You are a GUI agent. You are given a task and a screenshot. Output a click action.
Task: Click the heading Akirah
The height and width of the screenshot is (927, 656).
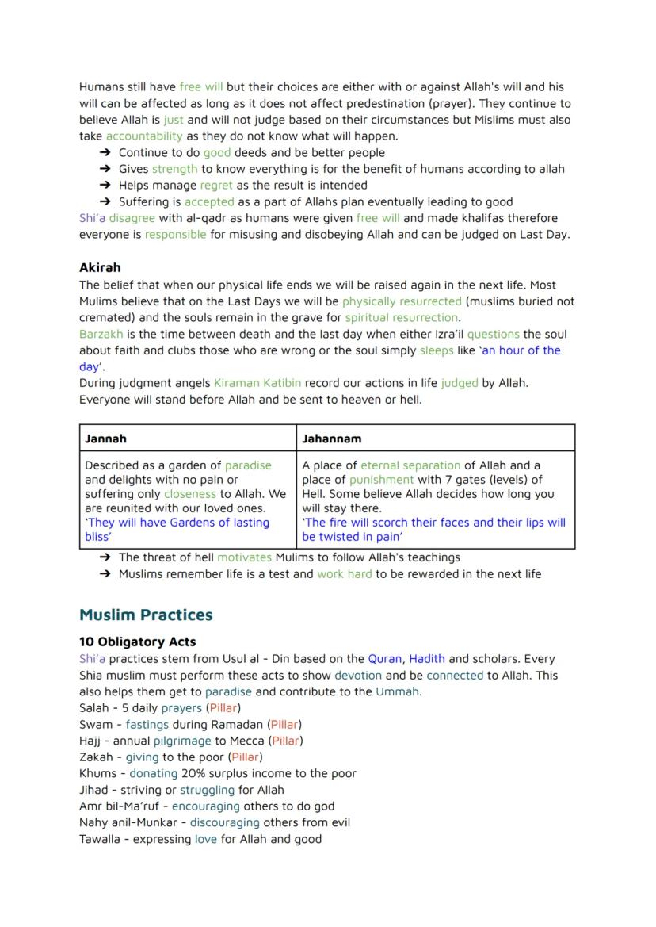pyautogui.click(x=100, y=268)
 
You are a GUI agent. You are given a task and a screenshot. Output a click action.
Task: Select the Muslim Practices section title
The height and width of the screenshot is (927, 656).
pyautogui.click(x=146, y=615)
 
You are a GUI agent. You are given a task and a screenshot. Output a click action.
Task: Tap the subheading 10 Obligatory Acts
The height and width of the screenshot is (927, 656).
pyautogui.click(x=137, y=642)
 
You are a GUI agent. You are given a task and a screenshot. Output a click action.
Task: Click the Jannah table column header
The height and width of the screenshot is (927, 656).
pyautogui.click(x=105, y=439)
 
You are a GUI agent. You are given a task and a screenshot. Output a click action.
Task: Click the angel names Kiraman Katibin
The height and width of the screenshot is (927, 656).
pyautogui.click(x=257, y=383)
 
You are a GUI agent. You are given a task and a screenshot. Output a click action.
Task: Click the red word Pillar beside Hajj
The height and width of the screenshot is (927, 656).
pyautogui.click(x=286, y=741)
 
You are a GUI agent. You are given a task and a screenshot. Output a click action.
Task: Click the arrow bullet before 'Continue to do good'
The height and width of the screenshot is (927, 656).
pyautogui.click(x=105, y=153)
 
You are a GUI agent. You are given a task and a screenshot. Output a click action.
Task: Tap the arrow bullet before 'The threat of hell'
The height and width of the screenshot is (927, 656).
pyautogui.click(x=105, y=557)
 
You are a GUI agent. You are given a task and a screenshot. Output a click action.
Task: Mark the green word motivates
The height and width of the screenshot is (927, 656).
pyautogui.click(x=244, y=557)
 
